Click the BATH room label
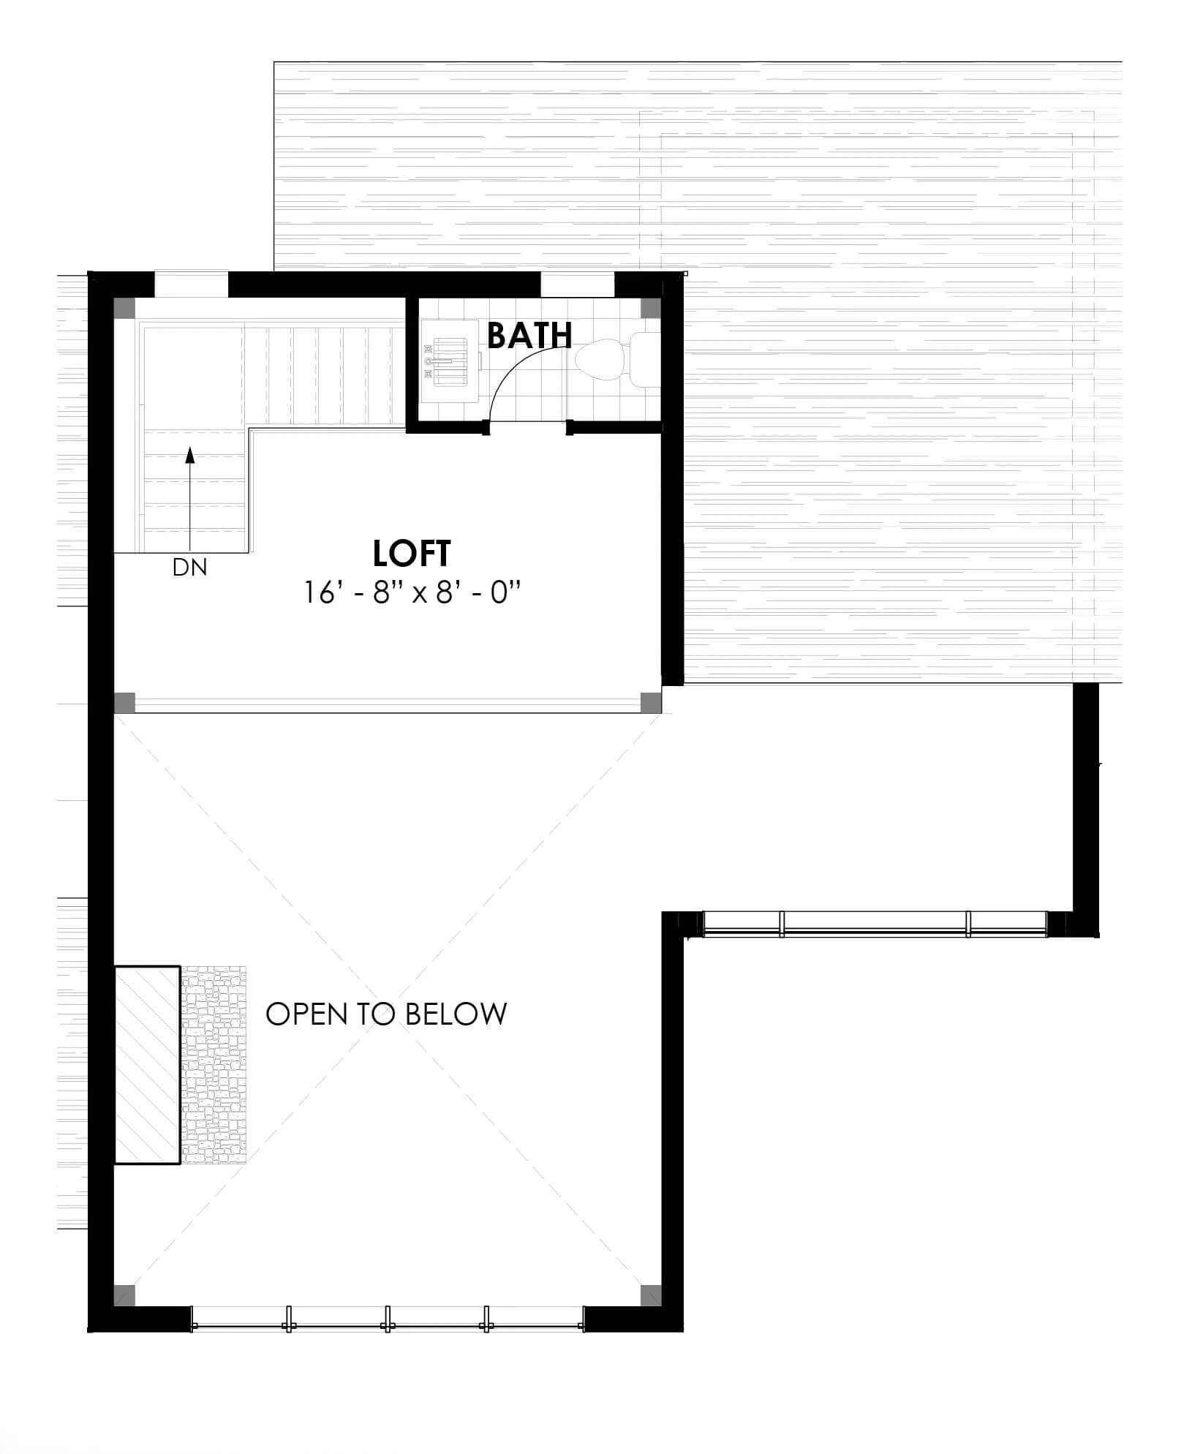[x=529, y=335]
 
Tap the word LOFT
[x=412, y=554]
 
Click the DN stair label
[x=189, y=567]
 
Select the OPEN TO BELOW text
[x=386, y=1014]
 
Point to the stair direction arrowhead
[x=190, y=456]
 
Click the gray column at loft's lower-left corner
[x=124, y=703]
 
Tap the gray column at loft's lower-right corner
[x=651, y=703]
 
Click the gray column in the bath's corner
[x=651, y=307]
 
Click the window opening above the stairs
[x=192, y=284]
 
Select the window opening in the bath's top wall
[x=578, y=284]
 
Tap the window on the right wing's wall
[x=875, y=924]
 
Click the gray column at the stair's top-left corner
[x=124, y=307]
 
